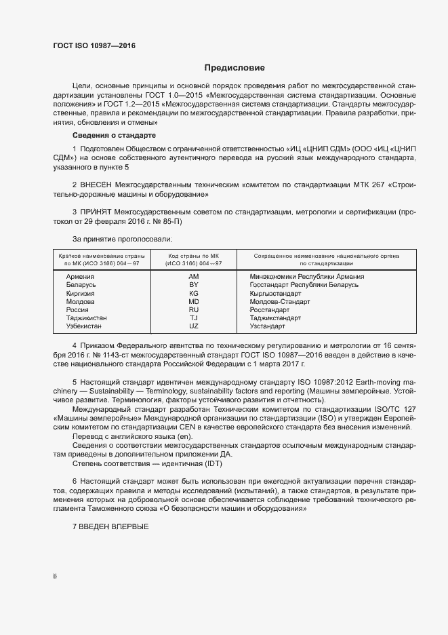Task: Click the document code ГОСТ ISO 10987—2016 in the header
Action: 94,45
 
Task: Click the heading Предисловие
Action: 235,68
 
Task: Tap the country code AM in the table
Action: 194,277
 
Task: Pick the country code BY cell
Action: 194,285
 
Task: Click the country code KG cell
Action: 194,293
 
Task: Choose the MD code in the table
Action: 194,301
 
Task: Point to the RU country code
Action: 194,309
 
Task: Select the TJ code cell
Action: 194,317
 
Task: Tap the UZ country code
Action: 194,326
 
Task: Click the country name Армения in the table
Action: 81,277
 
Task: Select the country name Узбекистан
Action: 84,326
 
